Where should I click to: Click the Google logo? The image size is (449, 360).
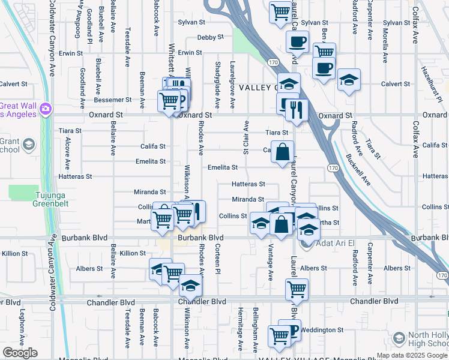click(x=20, y=353)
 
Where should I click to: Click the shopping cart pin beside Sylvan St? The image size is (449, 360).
click(x=280, y=12)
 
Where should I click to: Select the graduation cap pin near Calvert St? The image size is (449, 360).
click(x=349, y=80)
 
